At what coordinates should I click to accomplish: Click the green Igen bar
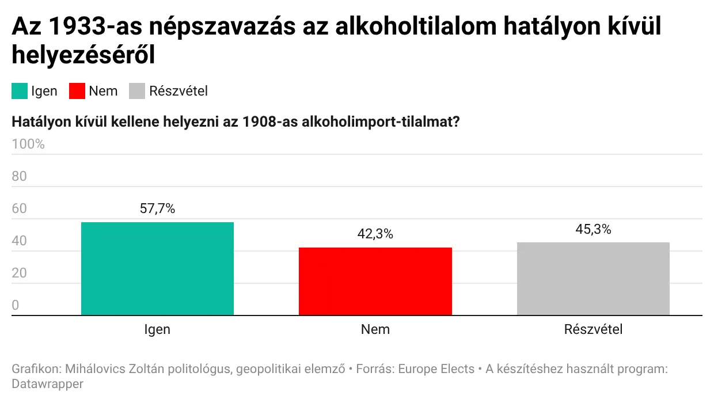click(x=157, y=268)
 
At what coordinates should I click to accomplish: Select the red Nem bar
click(x=375, y=282)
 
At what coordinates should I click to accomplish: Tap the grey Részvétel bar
click(x=593, y=279)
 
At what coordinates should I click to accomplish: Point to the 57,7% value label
click(x=157, y=208)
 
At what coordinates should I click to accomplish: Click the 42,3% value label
click(x=375, y=234)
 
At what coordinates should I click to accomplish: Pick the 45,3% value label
click(x=593, y=229)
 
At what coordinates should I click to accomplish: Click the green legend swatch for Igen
click(x=20, y=91)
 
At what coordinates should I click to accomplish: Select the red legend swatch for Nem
click(x=77, y=91)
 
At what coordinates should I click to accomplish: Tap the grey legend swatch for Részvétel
click(x=137, y=91)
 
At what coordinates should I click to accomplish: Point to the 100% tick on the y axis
click(x=28, y=145)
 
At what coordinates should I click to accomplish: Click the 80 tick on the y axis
click(x=19, y=176)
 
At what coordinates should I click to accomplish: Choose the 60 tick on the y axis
click(x=19, y=208)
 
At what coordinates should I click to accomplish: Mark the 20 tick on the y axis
click(x=19, y=273)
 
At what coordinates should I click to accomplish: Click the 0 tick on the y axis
click(x=16, y=305)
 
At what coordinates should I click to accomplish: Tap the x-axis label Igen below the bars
click(x=157, y=329)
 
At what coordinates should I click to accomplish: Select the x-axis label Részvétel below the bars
click(x=593, y=329)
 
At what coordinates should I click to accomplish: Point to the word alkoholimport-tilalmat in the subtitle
click(x=381, y=122)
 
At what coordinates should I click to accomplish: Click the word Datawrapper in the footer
click(x=47, y=384)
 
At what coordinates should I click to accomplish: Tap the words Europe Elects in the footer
click(x=436, y=369)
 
